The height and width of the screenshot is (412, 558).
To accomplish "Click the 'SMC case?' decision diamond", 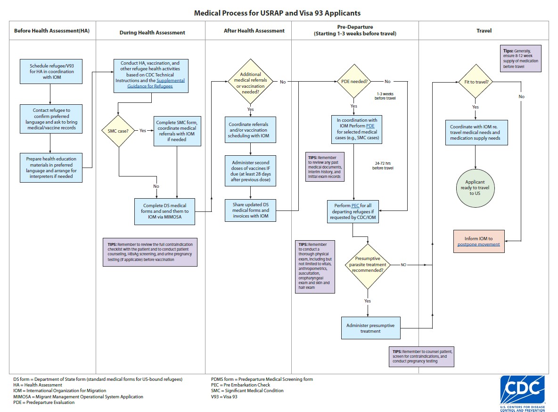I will (119, 131).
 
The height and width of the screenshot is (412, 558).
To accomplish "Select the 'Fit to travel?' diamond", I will (476, 82).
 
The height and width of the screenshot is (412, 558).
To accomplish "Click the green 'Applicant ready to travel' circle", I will (476, 187).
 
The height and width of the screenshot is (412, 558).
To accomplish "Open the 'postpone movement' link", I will (478, 244).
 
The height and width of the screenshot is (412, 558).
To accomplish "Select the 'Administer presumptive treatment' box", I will (370, 328).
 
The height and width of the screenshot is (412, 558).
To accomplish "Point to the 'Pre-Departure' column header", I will (355, 31).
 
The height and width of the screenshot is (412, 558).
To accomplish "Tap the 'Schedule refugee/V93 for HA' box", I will (51, 72).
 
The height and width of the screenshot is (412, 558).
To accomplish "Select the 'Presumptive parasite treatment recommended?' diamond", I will (368, 267).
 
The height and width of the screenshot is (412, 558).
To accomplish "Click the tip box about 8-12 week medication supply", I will (520, 59).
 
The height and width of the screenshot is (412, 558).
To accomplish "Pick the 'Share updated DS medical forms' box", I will (250, 210).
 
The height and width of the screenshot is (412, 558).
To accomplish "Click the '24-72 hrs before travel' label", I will (382, 165).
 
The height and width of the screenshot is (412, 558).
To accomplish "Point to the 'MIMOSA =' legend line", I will (78, 397).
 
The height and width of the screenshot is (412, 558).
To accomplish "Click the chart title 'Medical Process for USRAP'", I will (278, 13).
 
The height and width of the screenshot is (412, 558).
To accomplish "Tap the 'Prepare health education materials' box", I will (51, 168).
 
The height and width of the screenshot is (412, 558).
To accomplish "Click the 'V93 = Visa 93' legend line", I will (224, 397).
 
